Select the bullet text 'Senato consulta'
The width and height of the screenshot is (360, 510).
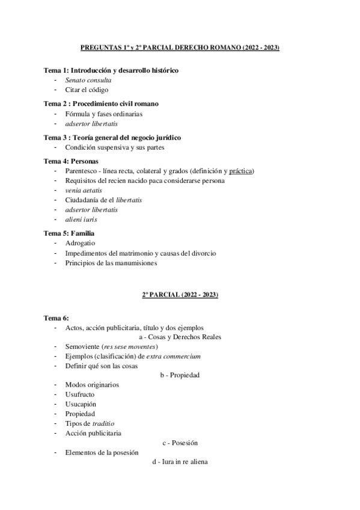(x=88, y=80)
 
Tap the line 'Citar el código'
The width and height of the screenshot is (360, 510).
(x=87, y=90)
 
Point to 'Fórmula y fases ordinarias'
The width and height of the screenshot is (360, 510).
(x=104, y=113)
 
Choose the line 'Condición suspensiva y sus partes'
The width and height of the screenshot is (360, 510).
(x=115, y=147)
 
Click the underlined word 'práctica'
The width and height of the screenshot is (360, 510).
(x=242, y=171)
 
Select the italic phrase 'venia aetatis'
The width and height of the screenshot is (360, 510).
(x=84, y=190)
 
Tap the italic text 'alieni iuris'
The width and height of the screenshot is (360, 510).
(x=81, y=219)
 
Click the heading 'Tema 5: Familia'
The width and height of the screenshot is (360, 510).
(x=69, y=233)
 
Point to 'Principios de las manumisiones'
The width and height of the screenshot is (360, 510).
(x=111, y=262)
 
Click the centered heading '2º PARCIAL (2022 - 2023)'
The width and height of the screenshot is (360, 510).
(x=180, y=295)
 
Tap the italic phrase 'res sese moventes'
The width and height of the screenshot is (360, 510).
(x=130, y=346)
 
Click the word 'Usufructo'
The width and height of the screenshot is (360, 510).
(x=80, y=394)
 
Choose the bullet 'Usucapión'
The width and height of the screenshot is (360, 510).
(x=81, y=404)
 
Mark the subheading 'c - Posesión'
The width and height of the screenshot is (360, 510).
(x=180, y=443)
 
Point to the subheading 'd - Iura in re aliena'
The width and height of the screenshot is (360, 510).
(x=180, y=462)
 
